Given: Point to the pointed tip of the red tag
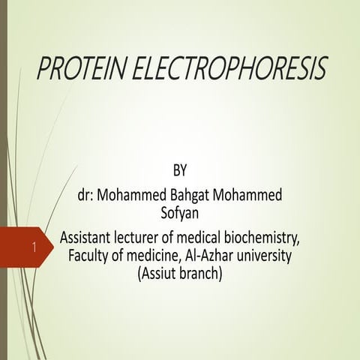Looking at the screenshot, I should point(54,246).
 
